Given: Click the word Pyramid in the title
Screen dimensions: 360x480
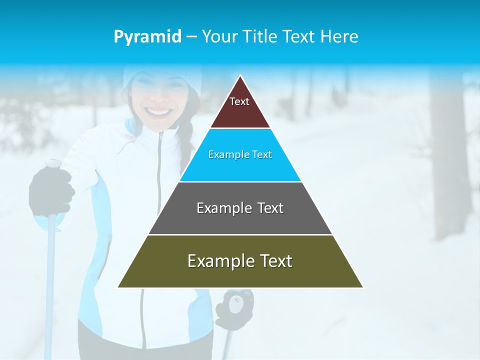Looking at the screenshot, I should click(147, 37).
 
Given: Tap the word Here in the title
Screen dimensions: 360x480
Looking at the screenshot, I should click(338, 37).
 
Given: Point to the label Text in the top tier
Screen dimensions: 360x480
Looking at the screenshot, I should click(239, 101).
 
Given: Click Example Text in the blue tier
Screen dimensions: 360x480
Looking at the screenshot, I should click(240, 154).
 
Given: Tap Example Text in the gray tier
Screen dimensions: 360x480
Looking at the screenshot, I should click(240, 208).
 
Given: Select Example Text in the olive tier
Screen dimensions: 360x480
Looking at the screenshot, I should click(240, 261).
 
